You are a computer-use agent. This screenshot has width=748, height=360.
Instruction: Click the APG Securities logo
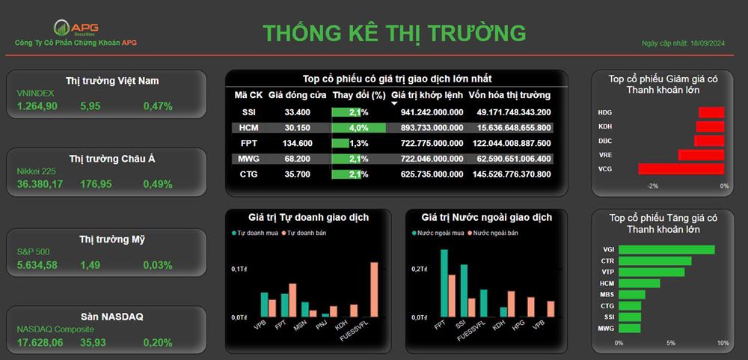76,28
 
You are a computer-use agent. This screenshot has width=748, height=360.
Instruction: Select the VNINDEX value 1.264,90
37,106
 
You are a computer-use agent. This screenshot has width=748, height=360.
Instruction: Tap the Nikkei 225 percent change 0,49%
158,184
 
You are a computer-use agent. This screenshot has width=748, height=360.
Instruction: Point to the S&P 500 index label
34,251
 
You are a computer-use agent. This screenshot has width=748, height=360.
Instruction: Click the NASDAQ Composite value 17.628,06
40,342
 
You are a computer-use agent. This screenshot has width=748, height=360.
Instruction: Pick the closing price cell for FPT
297,143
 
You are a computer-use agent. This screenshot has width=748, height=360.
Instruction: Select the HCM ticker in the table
248,128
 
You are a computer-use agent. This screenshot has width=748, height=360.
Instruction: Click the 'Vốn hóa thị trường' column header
509,95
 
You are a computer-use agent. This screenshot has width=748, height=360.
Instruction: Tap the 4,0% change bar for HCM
359,128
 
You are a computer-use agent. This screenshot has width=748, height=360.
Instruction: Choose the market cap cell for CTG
512,174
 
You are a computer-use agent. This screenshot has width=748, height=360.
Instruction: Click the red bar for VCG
681,169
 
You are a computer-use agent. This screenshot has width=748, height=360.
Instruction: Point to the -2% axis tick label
652,186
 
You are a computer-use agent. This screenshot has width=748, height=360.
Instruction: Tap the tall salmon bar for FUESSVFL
374,290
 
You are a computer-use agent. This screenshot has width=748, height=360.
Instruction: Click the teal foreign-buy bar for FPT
444,283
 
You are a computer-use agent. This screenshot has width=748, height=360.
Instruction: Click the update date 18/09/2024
708,43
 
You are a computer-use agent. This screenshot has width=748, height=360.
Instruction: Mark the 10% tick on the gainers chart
723,343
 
